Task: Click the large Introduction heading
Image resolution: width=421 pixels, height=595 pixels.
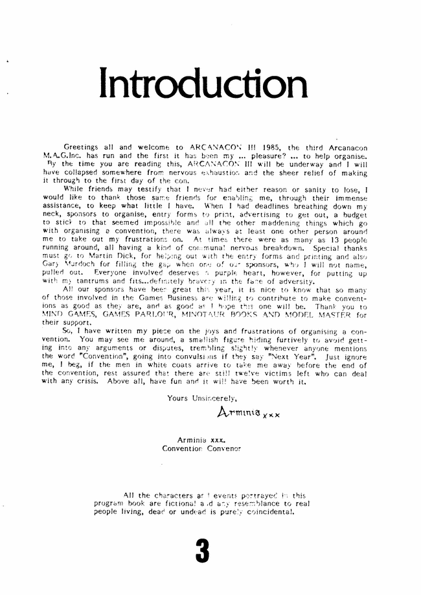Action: click(202, 86)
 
